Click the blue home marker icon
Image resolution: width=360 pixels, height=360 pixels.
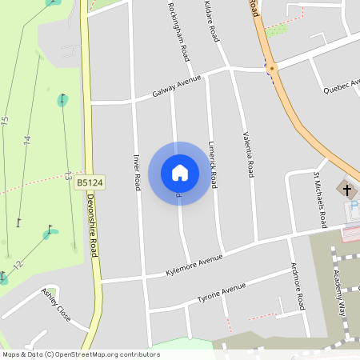[179, 172]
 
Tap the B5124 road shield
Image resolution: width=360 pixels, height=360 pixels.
[90, 183]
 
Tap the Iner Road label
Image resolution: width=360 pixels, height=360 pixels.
[137, 169]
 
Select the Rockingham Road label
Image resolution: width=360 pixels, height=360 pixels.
[178, 31]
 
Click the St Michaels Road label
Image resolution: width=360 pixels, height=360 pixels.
[318, 198]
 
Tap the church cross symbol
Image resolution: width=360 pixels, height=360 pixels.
[346, 190]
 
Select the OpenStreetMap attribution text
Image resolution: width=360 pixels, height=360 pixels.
[82, 354]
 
